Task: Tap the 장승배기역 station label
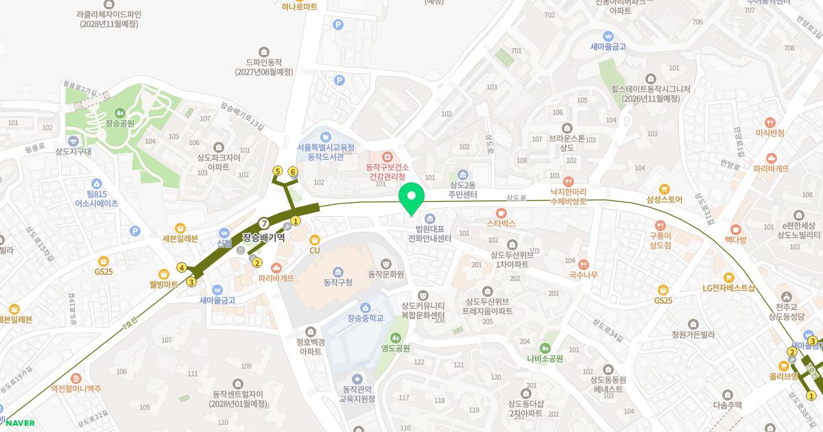point(263,238)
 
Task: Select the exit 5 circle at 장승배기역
point(278,171)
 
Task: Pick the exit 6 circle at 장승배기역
point(293,171)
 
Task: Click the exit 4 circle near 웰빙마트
point(182,267)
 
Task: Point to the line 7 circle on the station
point(264,222)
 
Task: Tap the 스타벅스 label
point(501,223)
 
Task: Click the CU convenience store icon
point(315,239)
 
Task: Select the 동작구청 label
point(337,282)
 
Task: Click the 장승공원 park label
point(120,123)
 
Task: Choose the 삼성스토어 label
point(664,200)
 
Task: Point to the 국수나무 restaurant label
point(583,275)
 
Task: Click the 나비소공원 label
point(545,358)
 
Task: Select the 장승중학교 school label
point(365,318)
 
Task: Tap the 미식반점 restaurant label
point(770,132)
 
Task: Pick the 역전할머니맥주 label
point(76,388)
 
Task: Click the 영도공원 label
point(396,348)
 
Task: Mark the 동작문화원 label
point(386,274)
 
